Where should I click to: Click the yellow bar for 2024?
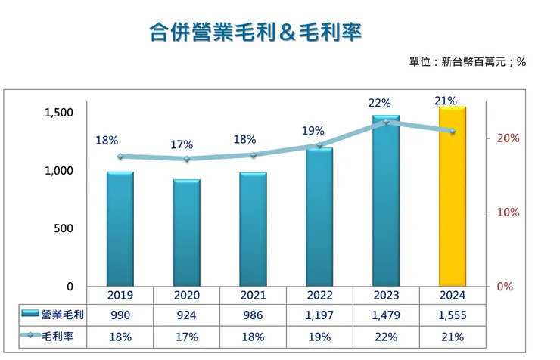click(x=453, y=197)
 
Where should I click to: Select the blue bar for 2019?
click(x=120, y=229)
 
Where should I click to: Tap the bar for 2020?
click(x=186, y=233)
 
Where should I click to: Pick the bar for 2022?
click(x=319, y=217)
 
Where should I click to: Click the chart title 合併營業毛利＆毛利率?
click(x=255, y=32)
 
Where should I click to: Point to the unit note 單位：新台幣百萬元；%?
click(x=467, y=61)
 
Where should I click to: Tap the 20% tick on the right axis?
click(x=509, y=138)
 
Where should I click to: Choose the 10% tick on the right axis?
click(x=509, y=213)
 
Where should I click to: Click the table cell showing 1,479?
click(x=386, y=314)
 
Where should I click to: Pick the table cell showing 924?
click(x=186, y=314)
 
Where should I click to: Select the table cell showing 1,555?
click(x=453, y=314)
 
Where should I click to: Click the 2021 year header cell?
click(x=253, y=295)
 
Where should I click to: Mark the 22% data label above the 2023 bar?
click(x=380, y=103)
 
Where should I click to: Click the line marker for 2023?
click(x=386, y=122)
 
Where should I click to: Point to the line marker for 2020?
click(x=186, y=159)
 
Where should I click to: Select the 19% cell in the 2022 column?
click(x=319, y=335)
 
